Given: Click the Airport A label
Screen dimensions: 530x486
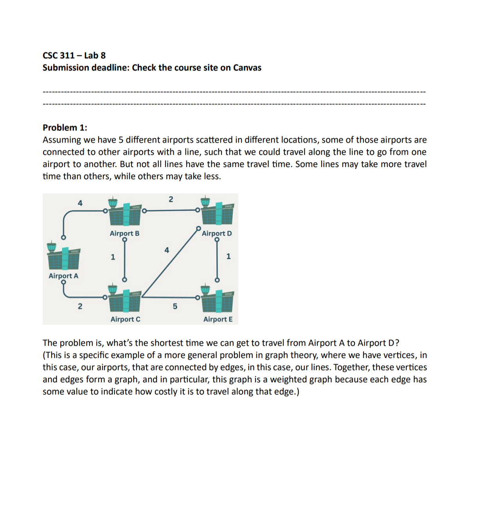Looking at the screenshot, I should pyautogui.click(x=63, y=276).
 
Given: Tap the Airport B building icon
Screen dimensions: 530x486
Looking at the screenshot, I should pyautogui.click(x=124, y=213).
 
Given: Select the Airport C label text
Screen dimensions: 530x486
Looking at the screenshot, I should pyautogui.click(x=125, y=319).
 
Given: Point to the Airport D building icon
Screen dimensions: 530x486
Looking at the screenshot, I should pyautogui.click(x=217, y=213).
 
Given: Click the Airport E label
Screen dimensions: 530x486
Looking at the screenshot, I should pyautogui.click(x=218, y=319).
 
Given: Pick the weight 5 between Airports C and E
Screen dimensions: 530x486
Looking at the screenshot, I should pyautogui.click(x=175, y=306).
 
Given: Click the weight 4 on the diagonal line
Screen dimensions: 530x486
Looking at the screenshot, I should pyautogui.click(x=167, y=250).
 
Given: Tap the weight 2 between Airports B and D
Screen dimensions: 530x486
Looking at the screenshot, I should pyautogui.click(x=171, y=199).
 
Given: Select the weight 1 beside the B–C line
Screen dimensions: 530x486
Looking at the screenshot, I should pyautogui.click(x=113, y=257).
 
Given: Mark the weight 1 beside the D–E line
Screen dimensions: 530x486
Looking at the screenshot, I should pyautogui.click(x=229, y=256).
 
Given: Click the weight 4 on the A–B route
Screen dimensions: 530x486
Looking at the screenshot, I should pyautogui.click(x=80, y=203).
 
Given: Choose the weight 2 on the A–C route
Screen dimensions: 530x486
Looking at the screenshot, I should pyautogui.click(x=80, y=306).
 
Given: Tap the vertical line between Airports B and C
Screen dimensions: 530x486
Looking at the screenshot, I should pyautogui.click(x=124, y=260).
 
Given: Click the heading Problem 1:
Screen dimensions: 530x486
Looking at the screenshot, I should pyautogui.click(x=65, y=128).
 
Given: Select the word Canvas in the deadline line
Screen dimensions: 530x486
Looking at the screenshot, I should pyautogui.click(x=247, y=68).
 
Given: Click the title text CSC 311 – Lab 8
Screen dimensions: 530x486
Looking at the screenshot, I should pyautogui.click(x=74, y=56).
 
